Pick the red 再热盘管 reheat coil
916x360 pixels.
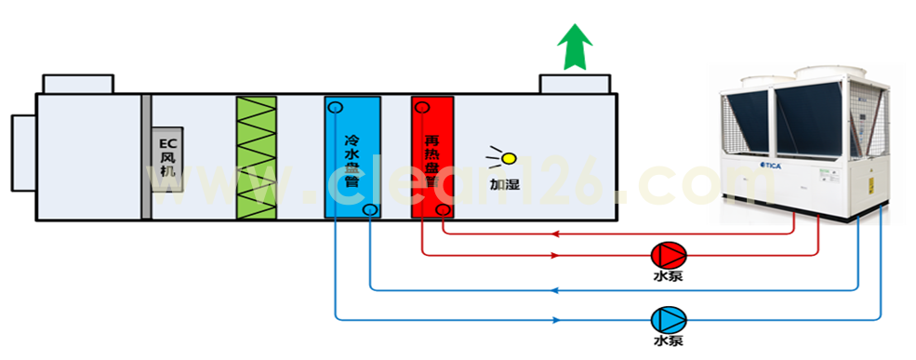(x=431, y=157)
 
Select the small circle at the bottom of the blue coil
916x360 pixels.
(x=370, y=209)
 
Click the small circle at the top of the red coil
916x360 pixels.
(x=422, y=107)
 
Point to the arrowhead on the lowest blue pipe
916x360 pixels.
(x=556, y=320)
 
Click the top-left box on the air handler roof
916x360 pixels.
(x=79, y=84)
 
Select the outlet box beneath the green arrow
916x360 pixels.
(x=576, y=84)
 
